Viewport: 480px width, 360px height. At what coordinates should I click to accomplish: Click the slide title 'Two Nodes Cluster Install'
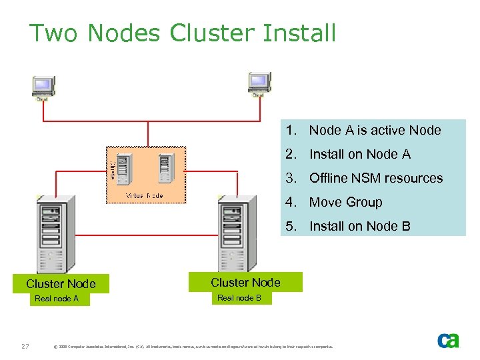[x=183, y=33]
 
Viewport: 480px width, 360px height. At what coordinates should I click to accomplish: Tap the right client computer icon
[x=258, y=84]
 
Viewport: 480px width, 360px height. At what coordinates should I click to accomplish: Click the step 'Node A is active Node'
[x=375, y=130]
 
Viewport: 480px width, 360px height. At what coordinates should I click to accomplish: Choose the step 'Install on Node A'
[x=360, y=154]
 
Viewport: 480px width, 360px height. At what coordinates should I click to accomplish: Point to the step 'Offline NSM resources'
[x=376, y=178]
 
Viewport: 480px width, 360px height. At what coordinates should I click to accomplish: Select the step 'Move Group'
[x=345, y=202]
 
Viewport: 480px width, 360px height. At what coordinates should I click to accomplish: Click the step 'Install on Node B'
[x=360, y=226]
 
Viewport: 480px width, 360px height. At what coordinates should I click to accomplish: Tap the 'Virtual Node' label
[x=145, y=196]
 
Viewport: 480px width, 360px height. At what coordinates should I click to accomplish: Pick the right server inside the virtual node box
[x=164, y=169]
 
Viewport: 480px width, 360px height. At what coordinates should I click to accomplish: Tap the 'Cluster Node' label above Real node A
[x=61, y=283]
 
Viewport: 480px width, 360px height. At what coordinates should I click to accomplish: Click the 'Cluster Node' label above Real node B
[x=245, y=282]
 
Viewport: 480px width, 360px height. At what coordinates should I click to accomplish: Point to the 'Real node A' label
[x=57, y=299]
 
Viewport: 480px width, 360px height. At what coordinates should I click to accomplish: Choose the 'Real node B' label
[x=239, y=297]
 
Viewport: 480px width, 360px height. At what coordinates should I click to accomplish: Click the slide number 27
[x=24, y=345]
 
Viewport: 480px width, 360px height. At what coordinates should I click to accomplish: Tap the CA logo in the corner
[x=448, y=340]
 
